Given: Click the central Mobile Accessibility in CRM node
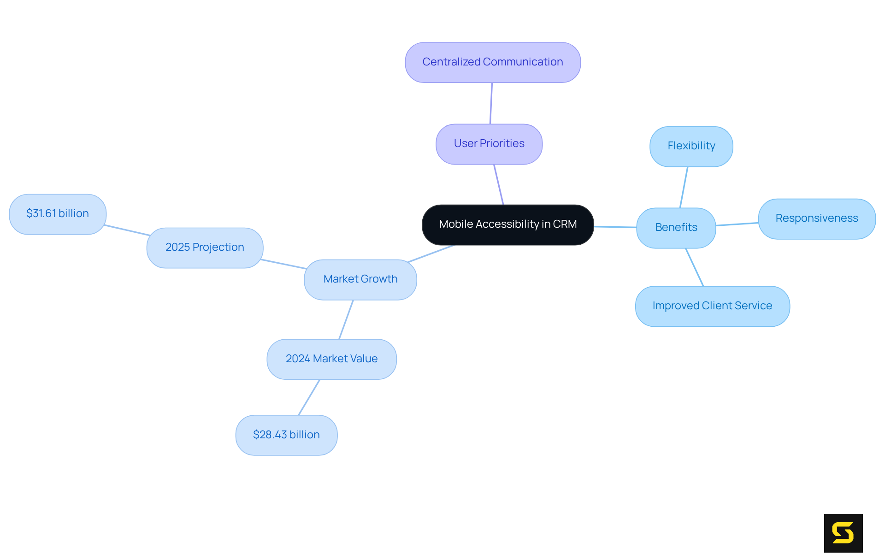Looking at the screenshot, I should pyautogui.click(x=507, y=224).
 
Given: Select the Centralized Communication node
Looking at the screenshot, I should pyautogui.click(x=492, y=62).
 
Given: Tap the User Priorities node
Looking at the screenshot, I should pyautogui.click(x=489, y=144).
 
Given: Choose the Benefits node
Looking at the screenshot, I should pyautogui.click(x=676, y=228).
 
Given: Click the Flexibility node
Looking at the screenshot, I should pyautogui.click(x=691, y=146).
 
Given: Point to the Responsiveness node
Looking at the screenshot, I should pyautogui.click(x=816, y=218).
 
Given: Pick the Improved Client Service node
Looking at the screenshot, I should pyautogui.click(x=712, y=306).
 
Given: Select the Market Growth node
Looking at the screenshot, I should pyautogui.click(x=360, y=279).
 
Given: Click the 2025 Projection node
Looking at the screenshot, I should pyautogui.click(x=205, y=248).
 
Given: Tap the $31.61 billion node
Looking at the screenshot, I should pyautogui.click(x=58, y=214).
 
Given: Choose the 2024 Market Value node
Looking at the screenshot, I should pyautogui.click(x=331, y=359).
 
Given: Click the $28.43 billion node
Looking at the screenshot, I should pyautogui.click(x=286, y=435).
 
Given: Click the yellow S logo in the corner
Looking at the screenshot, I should pyautogui.click(x=843, y=533).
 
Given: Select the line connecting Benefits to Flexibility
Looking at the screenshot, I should pyautogui.click(x=684, y=187).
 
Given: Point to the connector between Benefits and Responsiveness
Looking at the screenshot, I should pyautogui.click(x=737, y=224).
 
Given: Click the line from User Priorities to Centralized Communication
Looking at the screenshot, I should pyautogui.click(x=491, y=103).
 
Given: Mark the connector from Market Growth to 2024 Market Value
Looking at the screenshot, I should pyautogui.click(x=346, y=319).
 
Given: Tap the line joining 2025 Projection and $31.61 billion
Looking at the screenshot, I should pyautogui.click(x=127, y=230).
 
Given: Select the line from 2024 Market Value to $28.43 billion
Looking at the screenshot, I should pyautogui.click(x=309, y=397).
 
